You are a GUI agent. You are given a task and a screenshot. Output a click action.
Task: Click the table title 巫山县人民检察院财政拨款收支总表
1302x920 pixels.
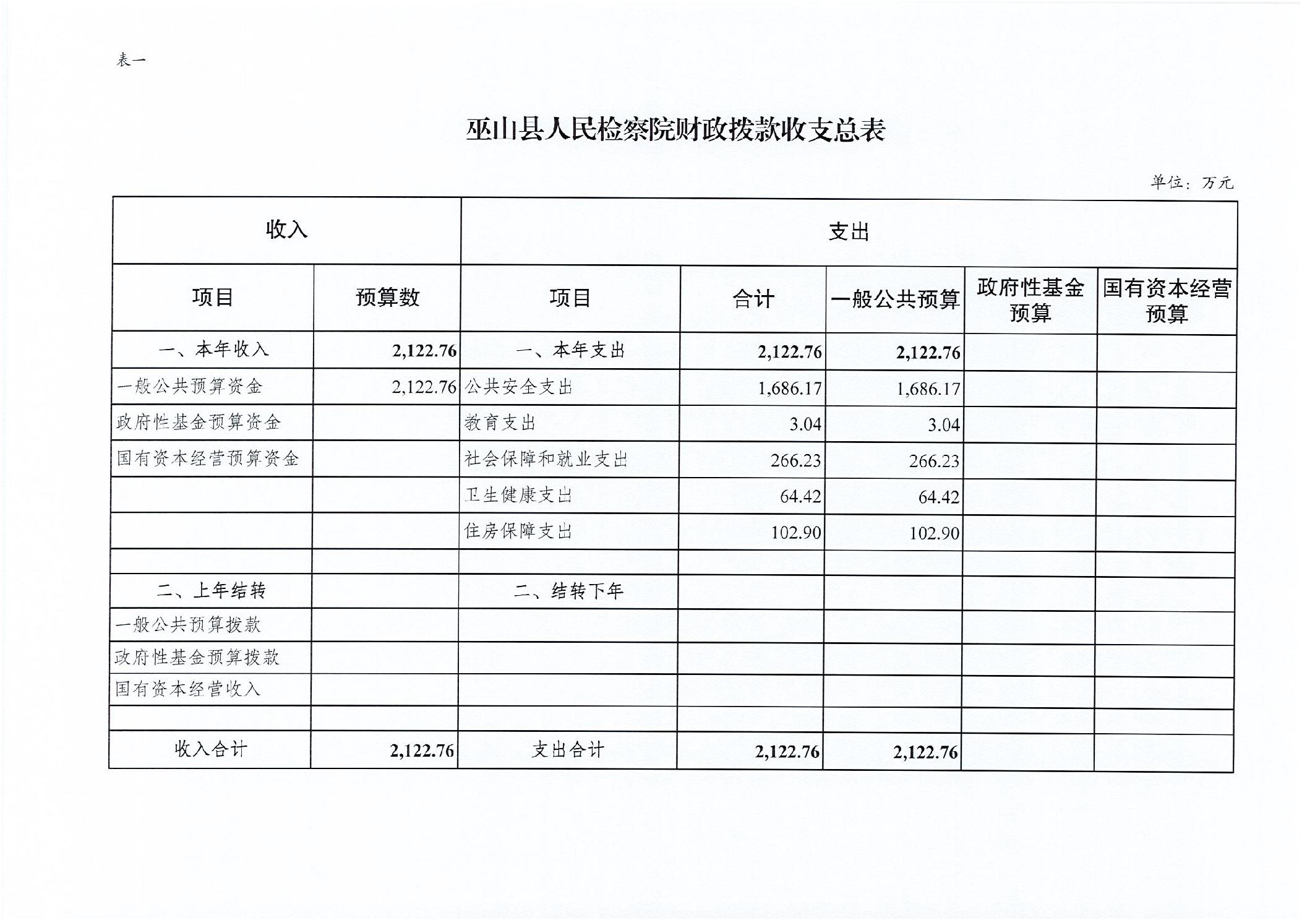tap(675, 130)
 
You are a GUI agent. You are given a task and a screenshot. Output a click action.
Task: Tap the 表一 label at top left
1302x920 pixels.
tap(131, 60)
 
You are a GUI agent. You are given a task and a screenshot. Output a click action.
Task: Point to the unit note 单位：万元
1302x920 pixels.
tap(1191, 182)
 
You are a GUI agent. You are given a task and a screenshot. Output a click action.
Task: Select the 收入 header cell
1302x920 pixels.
tap(286, 230)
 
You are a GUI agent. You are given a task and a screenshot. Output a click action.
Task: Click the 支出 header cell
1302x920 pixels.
tap(849, 232)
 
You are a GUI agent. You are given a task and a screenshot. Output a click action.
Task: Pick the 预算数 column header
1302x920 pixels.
tap(387, 298)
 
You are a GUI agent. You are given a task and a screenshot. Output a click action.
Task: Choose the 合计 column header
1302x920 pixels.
tap(753, 299)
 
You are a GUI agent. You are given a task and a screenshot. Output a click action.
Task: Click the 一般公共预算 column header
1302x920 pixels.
tap(895, 299)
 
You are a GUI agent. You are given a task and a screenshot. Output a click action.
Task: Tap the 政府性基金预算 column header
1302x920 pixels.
tap(1030, 300)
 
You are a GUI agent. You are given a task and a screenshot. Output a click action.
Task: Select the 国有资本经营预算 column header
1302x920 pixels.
tap(1167, 301)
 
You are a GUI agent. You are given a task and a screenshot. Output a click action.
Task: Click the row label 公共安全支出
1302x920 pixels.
tap(518, 387)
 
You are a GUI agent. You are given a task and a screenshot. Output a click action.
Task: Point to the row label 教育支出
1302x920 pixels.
tap(500, 423)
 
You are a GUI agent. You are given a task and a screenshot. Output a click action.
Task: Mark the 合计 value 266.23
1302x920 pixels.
tap(795, 460)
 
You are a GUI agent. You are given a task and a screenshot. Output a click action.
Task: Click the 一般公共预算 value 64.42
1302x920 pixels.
tap(938, 497)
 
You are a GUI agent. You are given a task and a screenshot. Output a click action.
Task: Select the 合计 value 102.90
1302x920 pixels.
tap(795, 533)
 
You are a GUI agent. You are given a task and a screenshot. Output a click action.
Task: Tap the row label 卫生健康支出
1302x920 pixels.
tap(518, 495)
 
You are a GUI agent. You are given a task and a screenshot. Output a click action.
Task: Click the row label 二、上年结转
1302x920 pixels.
tap(211, 591)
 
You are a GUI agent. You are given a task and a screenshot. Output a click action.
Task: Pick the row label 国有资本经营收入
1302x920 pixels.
tap(187, 689)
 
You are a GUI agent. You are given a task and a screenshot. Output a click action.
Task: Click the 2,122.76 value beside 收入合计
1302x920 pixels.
tap(422, 750)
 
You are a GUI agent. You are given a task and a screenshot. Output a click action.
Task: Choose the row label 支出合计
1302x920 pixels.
tap(567, 750)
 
